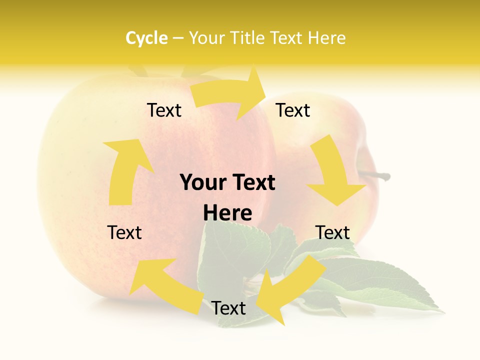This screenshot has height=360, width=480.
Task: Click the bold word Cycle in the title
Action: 146,38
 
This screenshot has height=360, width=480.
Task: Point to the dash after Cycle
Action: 178,38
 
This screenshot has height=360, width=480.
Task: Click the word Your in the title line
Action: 206,38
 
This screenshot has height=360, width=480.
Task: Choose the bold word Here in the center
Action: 227,213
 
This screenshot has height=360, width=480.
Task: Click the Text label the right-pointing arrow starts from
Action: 164,110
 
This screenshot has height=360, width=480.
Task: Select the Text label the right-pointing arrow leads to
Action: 293,110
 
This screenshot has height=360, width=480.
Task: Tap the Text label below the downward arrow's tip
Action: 332,232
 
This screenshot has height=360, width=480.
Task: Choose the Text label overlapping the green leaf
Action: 228,308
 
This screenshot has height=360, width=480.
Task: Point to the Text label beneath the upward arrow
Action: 124,232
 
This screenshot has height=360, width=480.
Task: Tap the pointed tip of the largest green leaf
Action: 443,311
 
